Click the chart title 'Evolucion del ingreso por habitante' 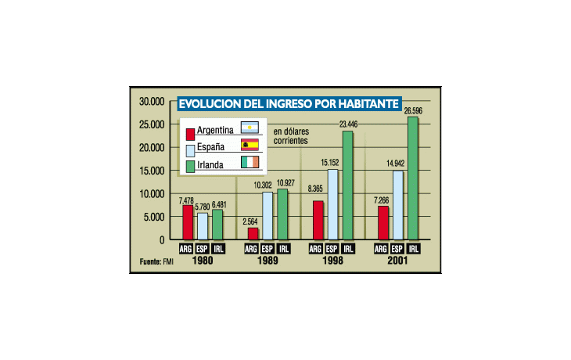(289, 103)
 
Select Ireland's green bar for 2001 (413, 178)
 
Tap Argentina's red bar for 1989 (252, 233)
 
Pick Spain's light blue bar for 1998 (333, 204)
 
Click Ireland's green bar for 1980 (217, 225)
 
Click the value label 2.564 (251, 221)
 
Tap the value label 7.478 (188, 200)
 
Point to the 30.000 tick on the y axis (152, 102)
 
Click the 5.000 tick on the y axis (154, 217)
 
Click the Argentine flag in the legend (250, 128)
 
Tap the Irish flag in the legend (250, 163)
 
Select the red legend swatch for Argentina (189, 131)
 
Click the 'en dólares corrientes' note (291, 137)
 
